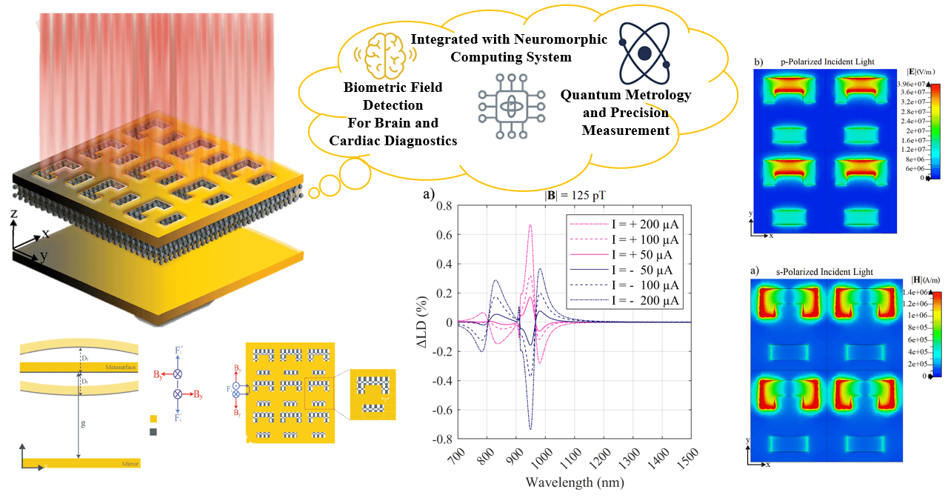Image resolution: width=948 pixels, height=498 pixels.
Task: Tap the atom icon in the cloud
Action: point(644,53)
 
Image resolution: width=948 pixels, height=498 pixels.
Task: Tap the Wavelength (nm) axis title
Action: point(574,482)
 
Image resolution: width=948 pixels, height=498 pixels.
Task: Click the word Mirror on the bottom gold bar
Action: point(129,463)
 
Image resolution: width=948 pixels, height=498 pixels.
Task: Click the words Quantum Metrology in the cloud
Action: point(626,96)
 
